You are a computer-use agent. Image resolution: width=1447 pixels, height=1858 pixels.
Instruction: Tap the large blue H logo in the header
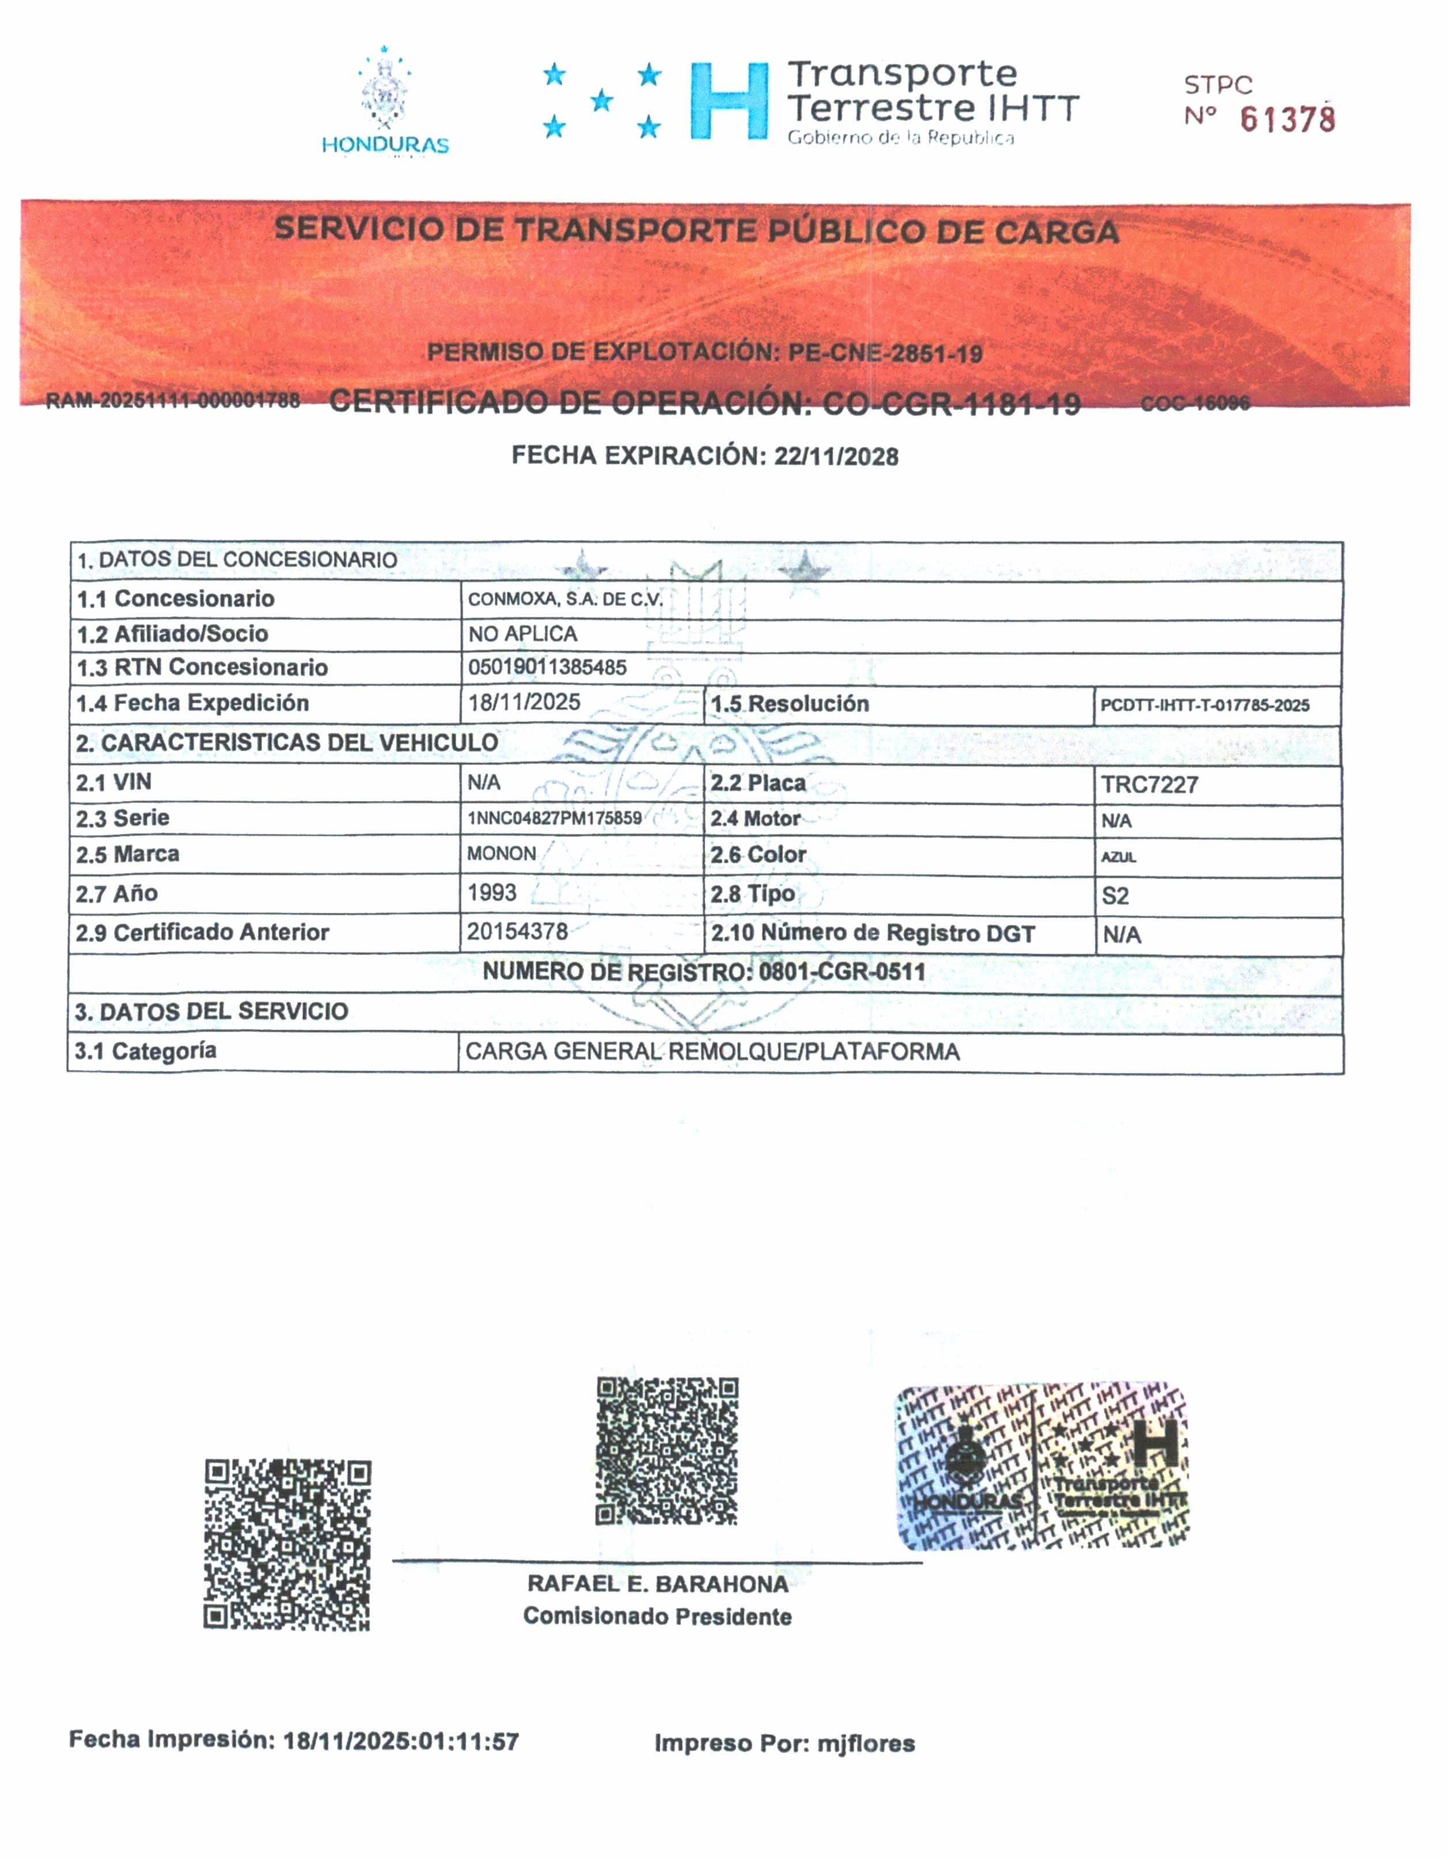729,100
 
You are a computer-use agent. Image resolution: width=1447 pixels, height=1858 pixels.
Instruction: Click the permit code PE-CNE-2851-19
885,353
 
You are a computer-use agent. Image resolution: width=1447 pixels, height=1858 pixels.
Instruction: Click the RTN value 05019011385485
547,667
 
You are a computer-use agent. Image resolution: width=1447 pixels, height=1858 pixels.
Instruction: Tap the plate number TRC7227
1149,784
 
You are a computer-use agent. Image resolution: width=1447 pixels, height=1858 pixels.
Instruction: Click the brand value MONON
501,854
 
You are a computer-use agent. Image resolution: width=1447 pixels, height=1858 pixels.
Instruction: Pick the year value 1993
492,892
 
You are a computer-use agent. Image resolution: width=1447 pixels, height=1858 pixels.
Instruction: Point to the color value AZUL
1118,856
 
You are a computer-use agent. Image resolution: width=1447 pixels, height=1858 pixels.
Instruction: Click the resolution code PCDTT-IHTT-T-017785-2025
1204,706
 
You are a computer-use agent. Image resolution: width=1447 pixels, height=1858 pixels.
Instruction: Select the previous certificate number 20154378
517,931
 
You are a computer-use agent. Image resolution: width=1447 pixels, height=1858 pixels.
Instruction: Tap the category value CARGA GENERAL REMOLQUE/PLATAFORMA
712,1052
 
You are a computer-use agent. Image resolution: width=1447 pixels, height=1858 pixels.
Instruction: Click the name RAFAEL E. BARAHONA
658,1584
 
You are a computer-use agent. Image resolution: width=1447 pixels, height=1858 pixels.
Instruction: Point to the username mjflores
866,1743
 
